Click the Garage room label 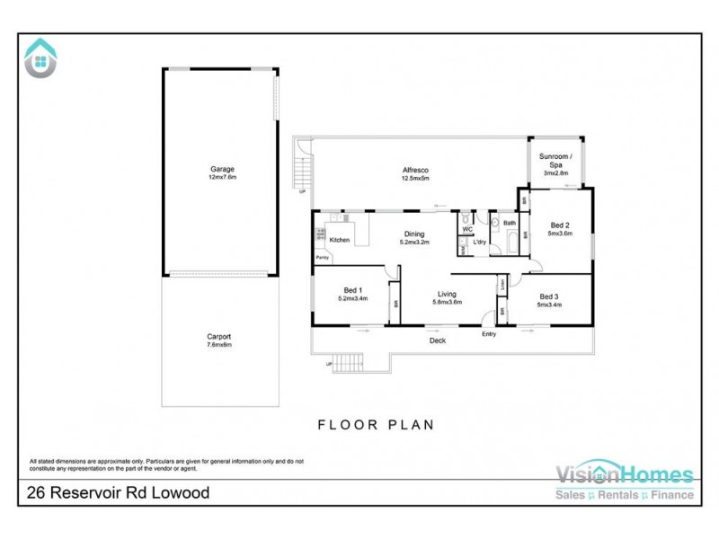(222, 169)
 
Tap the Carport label (219, 337)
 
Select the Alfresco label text (414, 170)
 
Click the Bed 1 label (352, 290)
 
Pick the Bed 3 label (549, 296)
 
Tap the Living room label (447, 294)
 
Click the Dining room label (413, 234)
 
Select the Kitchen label (339, 240)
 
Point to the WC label (466, 229)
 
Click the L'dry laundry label (480, 243)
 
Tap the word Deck (437, 340)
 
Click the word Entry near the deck (489, 334)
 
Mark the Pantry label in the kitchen (321, 259)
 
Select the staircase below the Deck (348, 363)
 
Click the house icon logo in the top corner (40, 57)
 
